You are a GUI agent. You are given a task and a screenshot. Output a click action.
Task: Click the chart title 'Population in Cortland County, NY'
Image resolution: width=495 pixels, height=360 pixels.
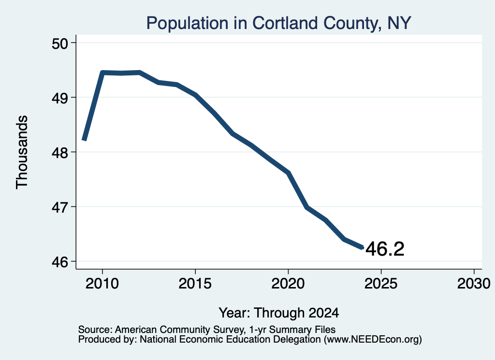click(278, 23)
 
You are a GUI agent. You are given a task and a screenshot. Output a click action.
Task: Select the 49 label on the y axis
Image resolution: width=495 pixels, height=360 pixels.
click(60, 98)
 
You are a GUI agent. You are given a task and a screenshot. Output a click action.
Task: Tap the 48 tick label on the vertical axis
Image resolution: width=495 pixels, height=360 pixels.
click(60, 153)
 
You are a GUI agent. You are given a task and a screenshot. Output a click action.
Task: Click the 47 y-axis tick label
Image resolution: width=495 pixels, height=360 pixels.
click(60, 207)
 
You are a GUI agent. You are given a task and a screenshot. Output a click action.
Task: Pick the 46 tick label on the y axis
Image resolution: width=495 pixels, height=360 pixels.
click(60, 262)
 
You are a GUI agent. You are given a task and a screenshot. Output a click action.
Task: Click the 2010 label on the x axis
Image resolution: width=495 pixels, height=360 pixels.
click(102, 284)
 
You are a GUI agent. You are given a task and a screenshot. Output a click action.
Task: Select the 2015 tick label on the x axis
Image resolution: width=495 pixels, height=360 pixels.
click(195, 284)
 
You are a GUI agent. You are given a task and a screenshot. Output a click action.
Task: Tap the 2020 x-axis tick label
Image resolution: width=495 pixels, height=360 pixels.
click(288, 284)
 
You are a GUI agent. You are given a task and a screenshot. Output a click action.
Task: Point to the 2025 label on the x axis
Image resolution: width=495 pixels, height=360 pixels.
click(381, 284)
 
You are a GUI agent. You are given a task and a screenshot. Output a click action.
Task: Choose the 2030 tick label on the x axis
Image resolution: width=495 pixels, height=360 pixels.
click(474, 284)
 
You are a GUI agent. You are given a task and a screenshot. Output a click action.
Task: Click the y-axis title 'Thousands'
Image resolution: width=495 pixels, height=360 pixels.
click(22, 152)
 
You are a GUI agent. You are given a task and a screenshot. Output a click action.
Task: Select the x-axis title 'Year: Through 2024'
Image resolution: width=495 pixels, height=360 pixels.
click(279, 313)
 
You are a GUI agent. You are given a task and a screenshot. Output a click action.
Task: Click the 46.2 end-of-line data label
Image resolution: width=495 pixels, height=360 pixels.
click(385, 249)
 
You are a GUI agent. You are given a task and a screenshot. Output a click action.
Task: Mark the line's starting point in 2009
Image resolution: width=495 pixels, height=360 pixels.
click(84, 140)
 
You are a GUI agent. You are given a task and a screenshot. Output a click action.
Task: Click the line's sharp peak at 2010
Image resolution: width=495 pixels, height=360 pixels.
click(102, 72)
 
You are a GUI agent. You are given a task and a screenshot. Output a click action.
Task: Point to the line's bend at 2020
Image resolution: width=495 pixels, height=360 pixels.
click(288, 173)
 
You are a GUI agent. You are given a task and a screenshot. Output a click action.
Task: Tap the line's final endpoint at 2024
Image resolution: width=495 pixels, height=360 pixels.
click(363, 248)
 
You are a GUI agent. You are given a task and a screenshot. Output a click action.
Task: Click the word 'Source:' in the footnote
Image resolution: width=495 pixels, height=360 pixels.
click(95, 330)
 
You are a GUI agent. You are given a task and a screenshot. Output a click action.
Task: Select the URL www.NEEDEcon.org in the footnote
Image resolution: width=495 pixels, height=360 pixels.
click(373, 340)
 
